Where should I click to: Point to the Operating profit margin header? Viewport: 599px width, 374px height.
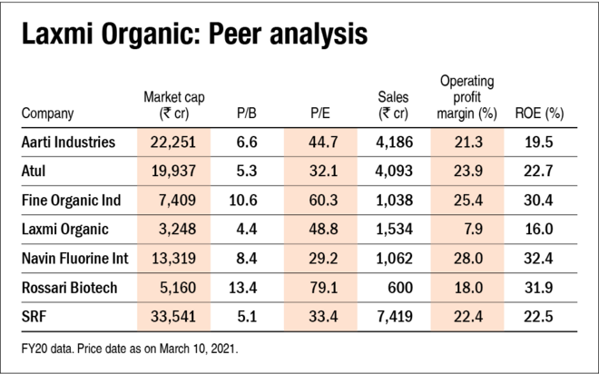[x=466, y=97]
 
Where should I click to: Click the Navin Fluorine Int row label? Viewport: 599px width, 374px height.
[x=74, y=259]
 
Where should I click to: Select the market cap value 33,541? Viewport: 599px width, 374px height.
[x=172, y=317]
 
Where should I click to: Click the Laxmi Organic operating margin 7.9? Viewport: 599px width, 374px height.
[x=466, y=230]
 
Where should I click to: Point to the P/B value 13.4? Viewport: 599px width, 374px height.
[x=246, y=288]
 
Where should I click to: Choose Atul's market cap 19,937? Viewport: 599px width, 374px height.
[x=172, y=171]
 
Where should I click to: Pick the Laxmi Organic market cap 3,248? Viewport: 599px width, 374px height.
[x=172, y=230]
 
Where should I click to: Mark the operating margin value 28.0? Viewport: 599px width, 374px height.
[x=466, y=259]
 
